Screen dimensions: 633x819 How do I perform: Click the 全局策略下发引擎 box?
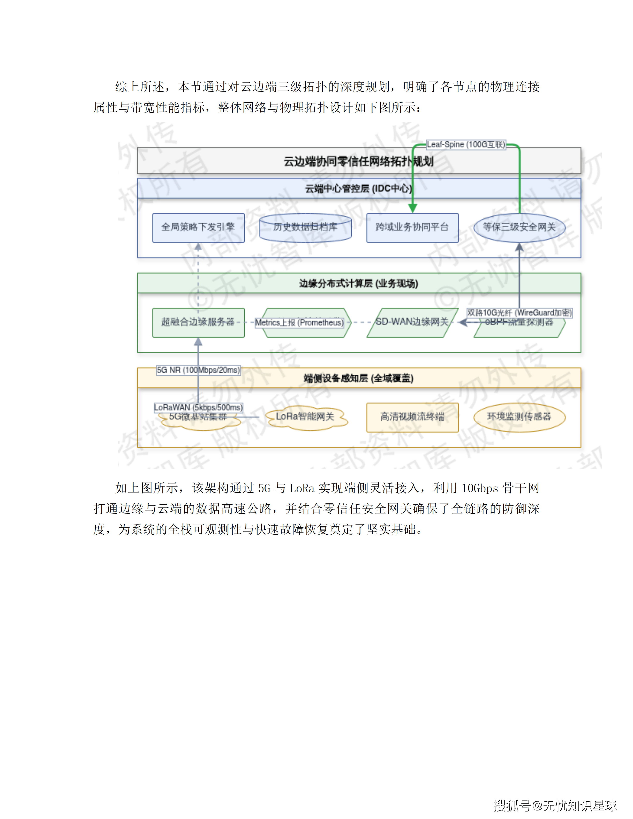tap(198, 228)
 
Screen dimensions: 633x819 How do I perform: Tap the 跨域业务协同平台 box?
tap(412, 228)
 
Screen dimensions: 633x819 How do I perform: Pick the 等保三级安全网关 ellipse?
tap(519, 228)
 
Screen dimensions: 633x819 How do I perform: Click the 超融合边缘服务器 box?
tap(198, 322)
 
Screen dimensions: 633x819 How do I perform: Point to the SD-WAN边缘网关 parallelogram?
tap(412, 322)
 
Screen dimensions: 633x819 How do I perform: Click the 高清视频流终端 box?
tap(412, 417)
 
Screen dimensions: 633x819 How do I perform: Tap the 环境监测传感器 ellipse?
tap(519, 417)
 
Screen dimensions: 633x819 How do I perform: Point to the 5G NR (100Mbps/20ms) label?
tap(198, 370)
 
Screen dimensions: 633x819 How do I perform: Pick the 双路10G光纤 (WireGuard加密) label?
tap(519, 313)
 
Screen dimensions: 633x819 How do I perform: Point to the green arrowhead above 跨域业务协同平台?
tap(412, 208)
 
